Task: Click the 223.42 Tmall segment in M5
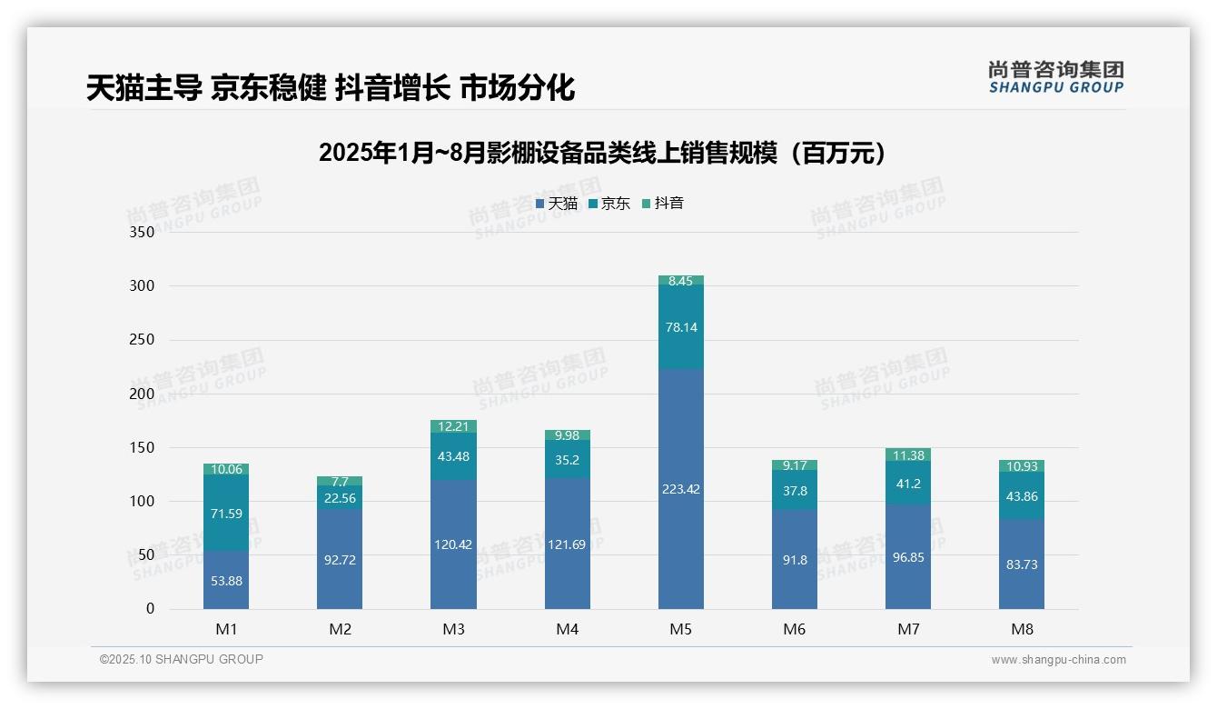680,489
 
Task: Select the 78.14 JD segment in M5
680,327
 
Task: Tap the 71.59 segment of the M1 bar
226,514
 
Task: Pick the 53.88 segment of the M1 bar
226,580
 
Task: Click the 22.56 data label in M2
340,498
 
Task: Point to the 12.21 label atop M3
453,426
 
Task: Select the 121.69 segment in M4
567,544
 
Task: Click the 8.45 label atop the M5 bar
680,281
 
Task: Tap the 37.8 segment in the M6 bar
794,491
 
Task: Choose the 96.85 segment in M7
907,557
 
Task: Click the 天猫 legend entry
557,204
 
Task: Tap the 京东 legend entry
609,204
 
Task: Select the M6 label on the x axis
794,629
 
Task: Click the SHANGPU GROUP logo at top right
1055,77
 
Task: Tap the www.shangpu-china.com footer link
1058,660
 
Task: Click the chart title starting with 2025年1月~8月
602,153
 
